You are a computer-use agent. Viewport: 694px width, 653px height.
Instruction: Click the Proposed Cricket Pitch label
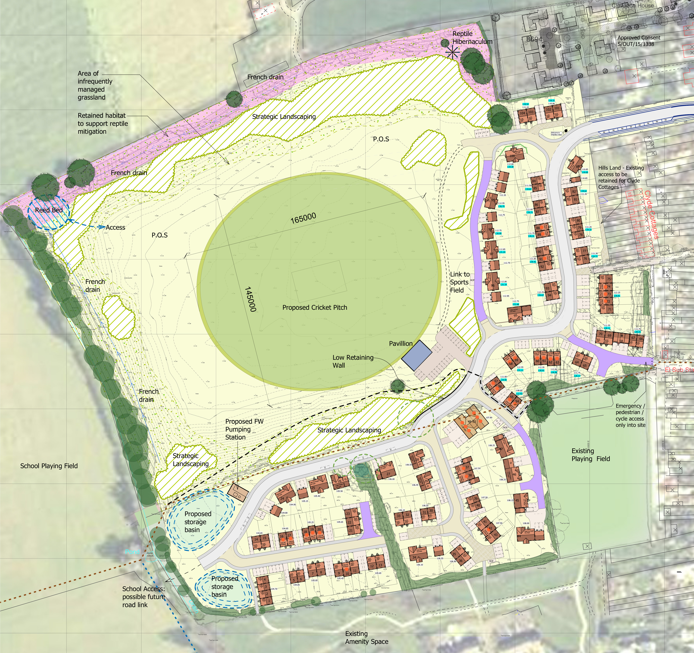[x=314, y=307]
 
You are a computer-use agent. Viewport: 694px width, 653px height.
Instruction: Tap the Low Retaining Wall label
[x=353, y=361]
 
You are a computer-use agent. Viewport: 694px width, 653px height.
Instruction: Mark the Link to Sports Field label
[x=459, y=282]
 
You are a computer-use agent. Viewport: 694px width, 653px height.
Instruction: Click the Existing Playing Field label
[x=591, y=455]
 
